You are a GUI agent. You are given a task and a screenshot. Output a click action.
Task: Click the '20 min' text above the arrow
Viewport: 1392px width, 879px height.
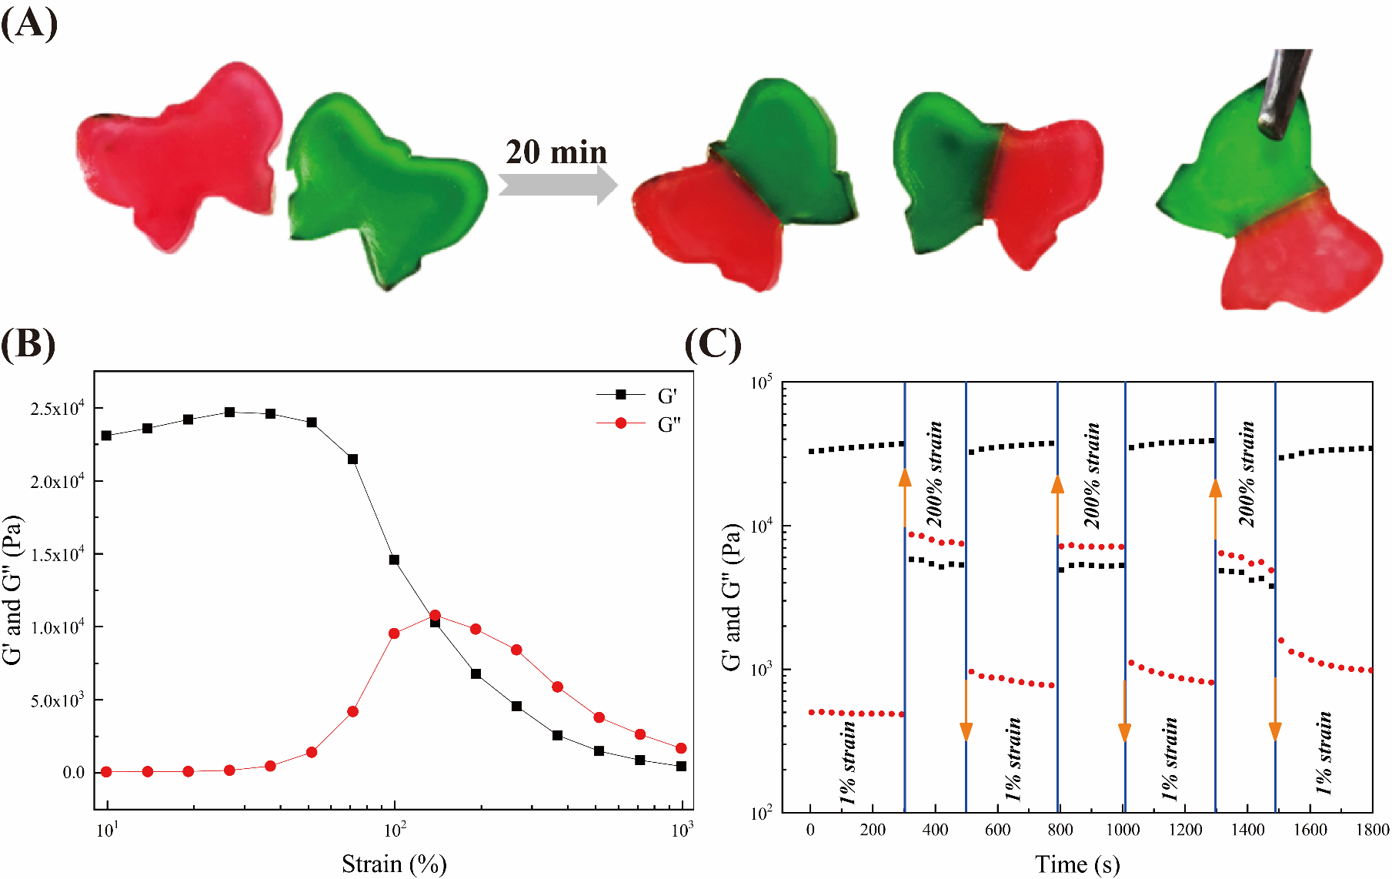pyautogui.click(x=556, y=152)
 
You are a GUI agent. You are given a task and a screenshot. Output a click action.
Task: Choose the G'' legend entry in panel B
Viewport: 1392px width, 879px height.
pyautogui.click(x=639, y=424)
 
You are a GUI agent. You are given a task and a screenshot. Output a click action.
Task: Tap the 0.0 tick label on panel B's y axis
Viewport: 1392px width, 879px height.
pyautogui.click(x=74, y=772)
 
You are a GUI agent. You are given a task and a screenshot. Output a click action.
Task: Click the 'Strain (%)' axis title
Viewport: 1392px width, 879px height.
pyautogui.click(x=394, y=864)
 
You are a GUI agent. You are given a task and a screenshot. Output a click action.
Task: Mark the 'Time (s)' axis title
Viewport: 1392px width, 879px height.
pyautogui.click(x=1077, y=864)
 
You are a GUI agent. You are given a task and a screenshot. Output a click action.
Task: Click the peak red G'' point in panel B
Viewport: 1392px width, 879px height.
pyautogui.click(x=435, y=615)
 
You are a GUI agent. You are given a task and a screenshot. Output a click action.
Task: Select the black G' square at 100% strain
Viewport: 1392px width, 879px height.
pyautogui.click(x=394, y=560)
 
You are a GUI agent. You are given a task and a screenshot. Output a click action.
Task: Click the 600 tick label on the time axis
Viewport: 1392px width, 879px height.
pyautogui.click(x=998, y=830)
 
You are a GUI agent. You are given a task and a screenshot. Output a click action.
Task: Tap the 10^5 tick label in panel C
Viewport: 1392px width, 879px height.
pyautogui.click(x=762, y=383)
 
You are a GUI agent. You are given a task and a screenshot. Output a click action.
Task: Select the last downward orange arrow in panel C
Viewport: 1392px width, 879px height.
pyautogui.click(x=1275, y=712)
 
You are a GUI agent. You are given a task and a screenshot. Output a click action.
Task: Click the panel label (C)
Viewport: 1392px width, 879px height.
pyautogui.click(x=713, y=344)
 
